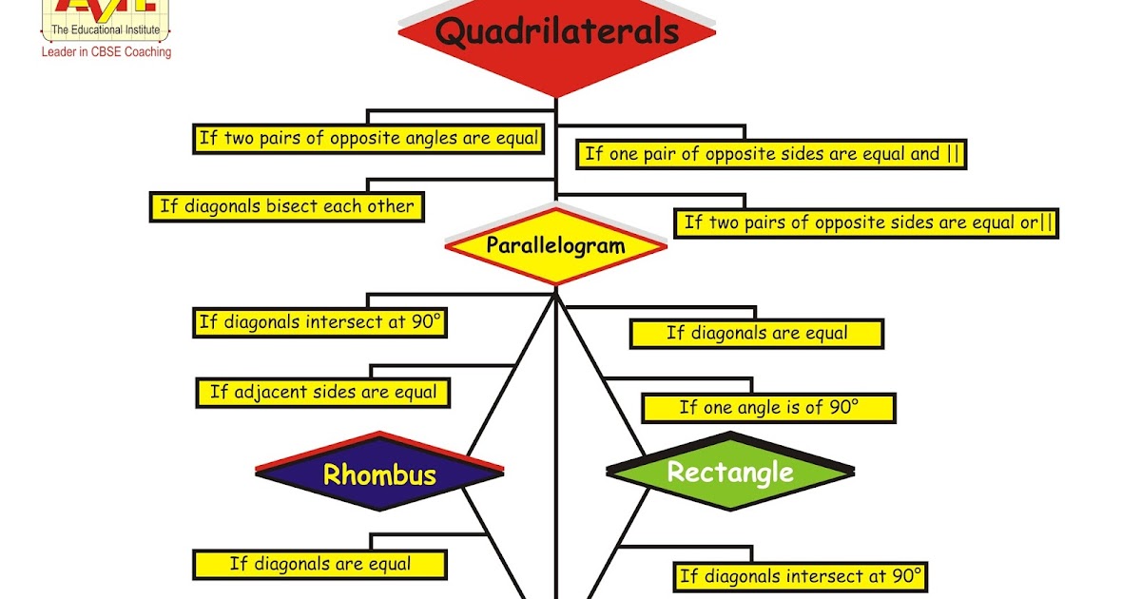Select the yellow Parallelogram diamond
click(556, 246)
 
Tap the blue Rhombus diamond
click(379, 474)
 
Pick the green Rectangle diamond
click(730, 473)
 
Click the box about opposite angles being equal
click(368, 138)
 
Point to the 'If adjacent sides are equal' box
click(323, 392)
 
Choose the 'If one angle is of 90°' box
click(768, 408)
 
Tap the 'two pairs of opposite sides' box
click(866, 222)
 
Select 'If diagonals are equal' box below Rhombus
click(320, 564)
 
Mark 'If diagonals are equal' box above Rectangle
click(757, 333)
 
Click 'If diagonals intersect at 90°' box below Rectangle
click(801, 575)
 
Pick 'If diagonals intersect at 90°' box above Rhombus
click(320, 321)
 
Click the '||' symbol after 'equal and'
click(954, 154)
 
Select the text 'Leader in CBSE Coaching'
click(106, 52)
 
